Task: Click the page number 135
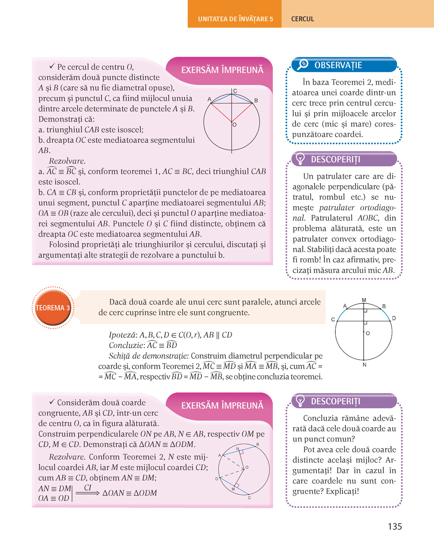395,526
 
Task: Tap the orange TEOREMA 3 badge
53,308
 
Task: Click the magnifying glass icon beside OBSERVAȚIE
303,64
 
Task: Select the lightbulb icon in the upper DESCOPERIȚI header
300,159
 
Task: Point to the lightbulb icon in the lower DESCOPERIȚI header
300,401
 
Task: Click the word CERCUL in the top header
303,19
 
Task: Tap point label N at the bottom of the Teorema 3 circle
364,364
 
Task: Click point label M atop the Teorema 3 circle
364,300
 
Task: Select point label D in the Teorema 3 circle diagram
394,318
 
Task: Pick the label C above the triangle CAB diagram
235,91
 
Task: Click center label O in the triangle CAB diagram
234,125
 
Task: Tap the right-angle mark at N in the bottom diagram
242,452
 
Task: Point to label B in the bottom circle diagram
258,444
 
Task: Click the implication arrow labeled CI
87,492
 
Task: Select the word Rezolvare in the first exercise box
67,161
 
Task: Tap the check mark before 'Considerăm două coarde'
52,402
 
